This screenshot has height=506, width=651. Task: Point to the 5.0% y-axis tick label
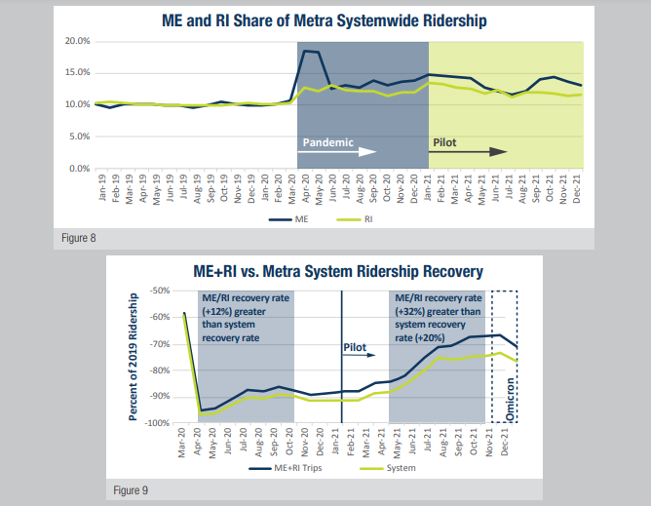pos(78,136)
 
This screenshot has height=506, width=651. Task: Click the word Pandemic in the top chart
pos(327,141)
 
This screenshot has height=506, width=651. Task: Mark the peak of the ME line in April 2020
pos(305,51)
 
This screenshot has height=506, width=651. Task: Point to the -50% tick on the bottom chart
pos(158,291)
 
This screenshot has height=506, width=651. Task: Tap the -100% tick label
pos(156,422)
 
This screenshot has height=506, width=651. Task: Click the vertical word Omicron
pos(511,400)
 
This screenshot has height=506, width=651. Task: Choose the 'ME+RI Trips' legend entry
pos(298,469)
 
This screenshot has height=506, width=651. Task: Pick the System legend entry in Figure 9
pos(401,469)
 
